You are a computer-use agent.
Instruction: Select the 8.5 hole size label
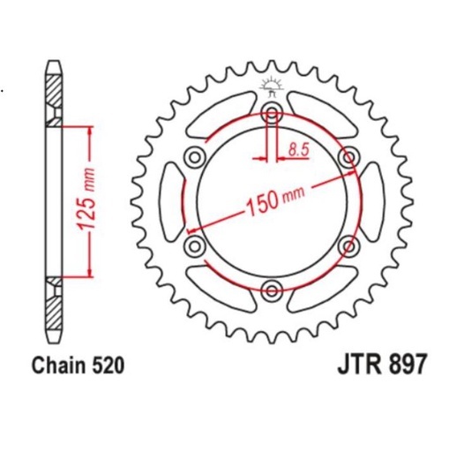(297, 151)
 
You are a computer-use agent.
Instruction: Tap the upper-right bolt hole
(348, 157)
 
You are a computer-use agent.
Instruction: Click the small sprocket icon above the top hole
(272, 87)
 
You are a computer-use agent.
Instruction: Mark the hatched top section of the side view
(54, 89)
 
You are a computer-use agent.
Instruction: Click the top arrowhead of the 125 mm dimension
(88, 129)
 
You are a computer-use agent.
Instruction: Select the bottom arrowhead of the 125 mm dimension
(88, 272)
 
